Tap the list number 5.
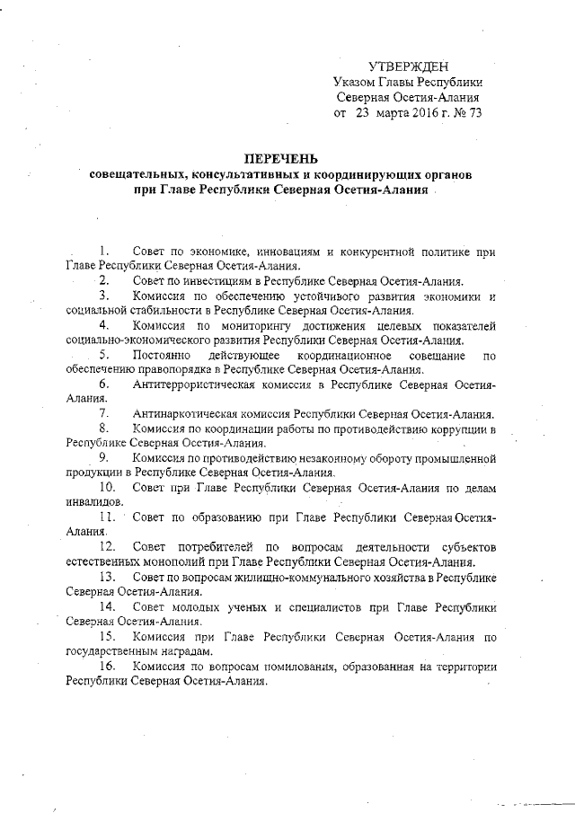[105, 358]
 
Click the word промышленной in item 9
[456, 458]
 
